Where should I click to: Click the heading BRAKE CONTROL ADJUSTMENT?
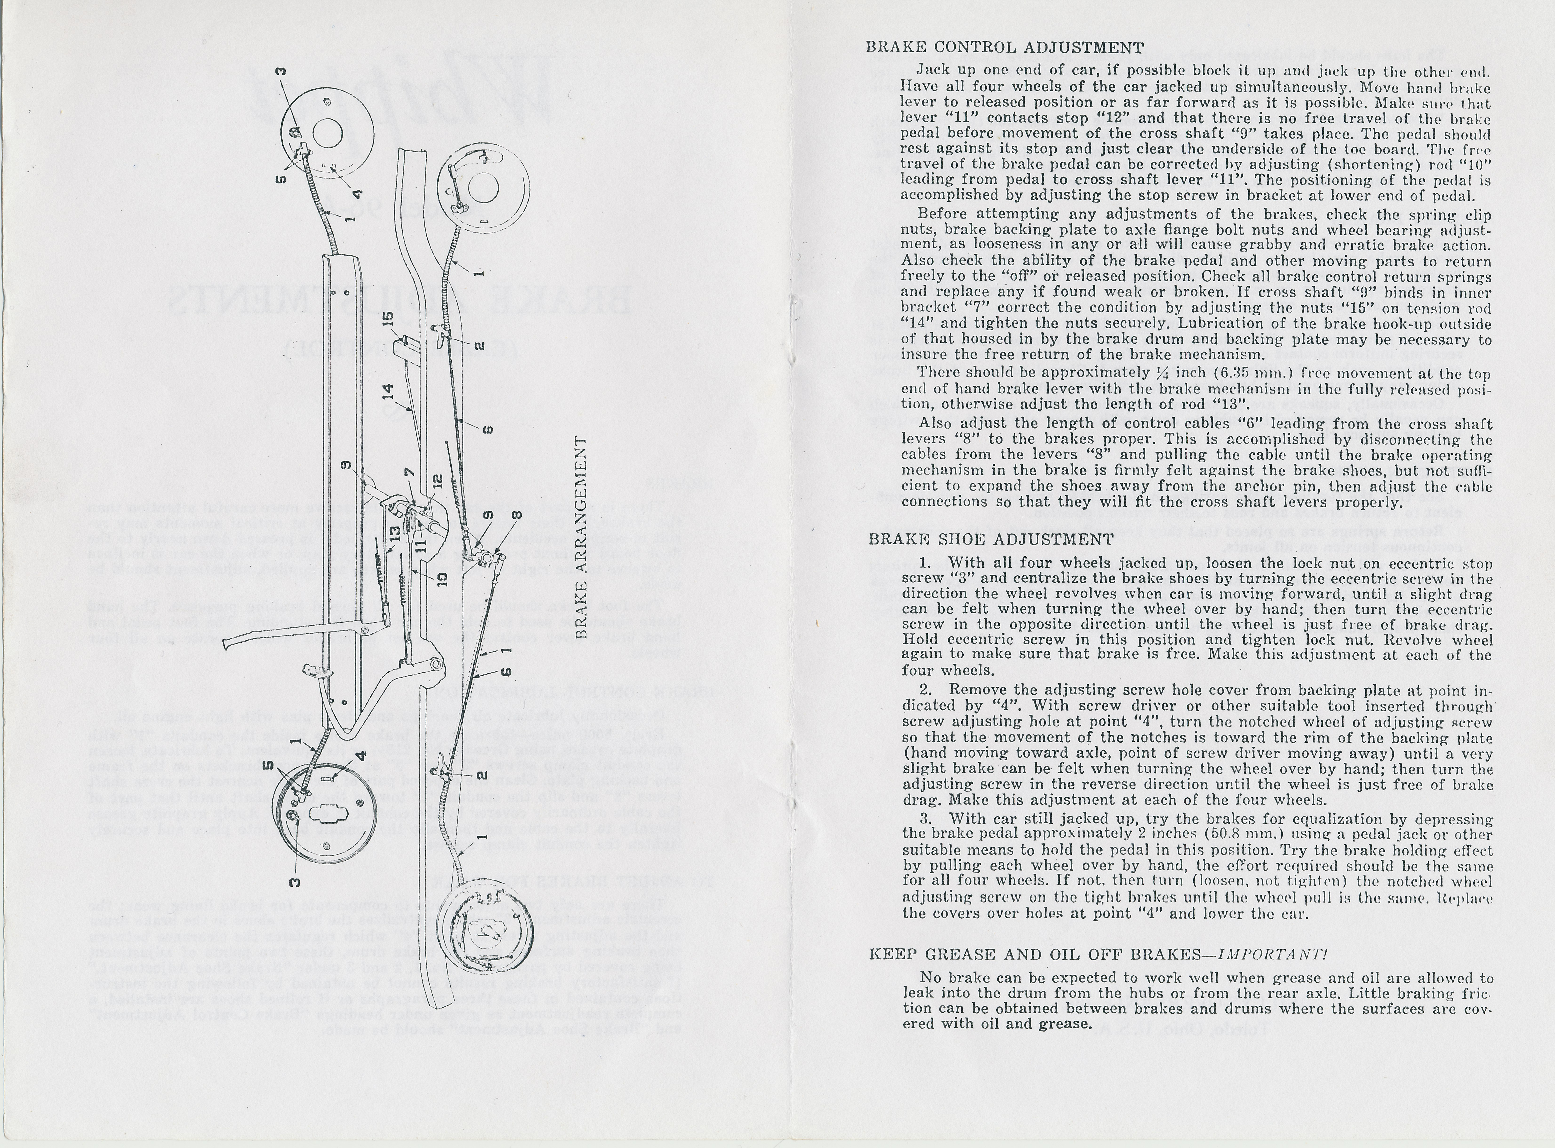pyautogui.click(x=1004, y=48)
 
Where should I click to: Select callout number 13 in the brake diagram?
pyautogui.click(x=395, y=534)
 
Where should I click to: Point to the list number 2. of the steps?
pyautogui.click(x=925, y=690)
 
